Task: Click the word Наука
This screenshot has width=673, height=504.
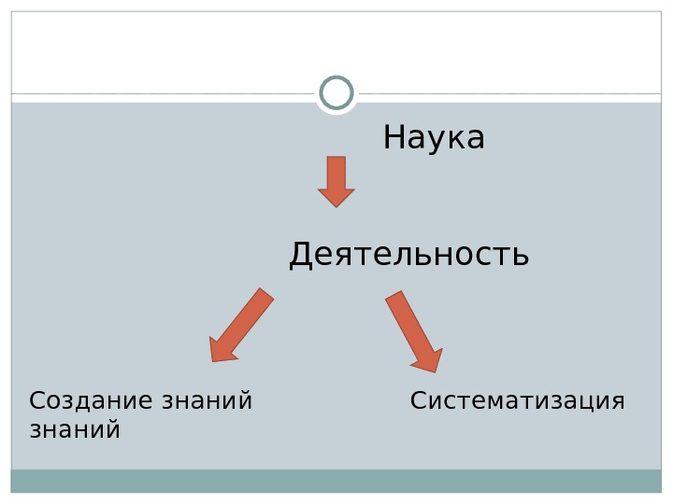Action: coord(434,138)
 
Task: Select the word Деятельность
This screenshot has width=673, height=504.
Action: coord(408,254)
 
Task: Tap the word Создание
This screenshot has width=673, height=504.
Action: coord(92,401)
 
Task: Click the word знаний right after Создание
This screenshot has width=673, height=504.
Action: coord(207,402)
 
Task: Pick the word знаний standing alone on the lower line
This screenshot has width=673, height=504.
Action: coord(75,430)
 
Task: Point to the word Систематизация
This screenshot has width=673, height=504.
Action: coord(517,401)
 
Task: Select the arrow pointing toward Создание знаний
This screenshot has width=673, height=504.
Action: coord(241,325)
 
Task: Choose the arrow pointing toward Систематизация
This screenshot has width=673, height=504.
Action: coord(413,330)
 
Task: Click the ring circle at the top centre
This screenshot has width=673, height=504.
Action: coord(336,93)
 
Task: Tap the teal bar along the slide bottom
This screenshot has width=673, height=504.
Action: coord(336,481)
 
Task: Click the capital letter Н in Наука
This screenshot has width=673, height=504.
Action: coord(394,138)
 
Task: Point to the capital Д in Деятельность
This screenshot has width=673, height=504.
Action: coord(300,255)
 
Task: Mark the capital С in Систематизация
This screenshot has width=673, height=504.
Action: coord(419,401)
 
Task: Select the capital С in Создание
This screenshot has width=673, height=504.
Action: coord(37,401)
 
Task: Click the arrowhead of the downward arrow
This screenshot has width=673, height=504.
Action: coord(336,197)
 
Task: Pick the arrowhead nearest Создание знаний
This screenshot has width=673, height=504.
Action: coord(222,350)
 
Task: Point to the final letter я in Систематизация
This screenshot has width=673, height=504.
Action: coord(617,402)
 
